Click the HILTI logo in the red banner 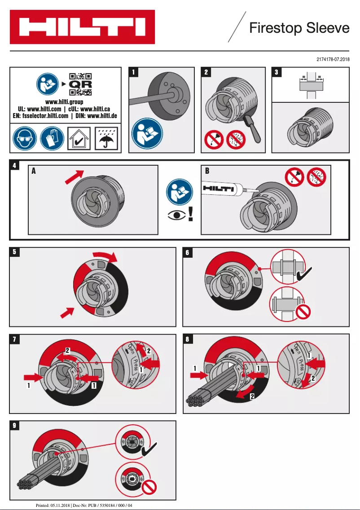[x=82, y=27]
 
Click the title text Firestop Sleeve [x=299, y=28]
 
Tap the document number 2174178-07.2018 [x=333, y=59]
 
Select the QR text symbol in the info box [x=80, y=84]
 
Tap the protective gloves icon [x=52, y=138]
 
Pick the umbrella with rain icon [x=106, y=138]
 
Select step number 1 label [x=133, y=72]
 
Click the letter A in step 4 [x=34, y=171]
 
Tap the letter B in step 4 [x=207, y=171]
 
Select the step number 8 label [x=187, y=339]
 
